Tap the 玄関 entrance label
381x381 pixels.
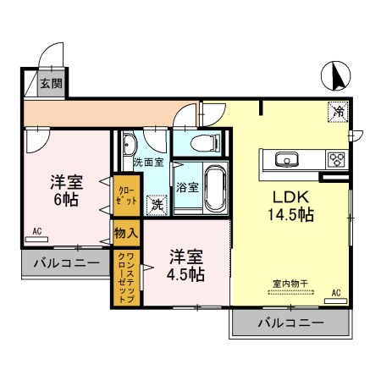pos(49,83)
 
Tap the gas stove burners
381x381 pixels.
pos(336,158)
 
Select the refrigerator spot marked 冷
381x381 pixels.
pos(337,111)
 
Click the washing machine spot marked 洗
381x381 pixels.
pos(157,204)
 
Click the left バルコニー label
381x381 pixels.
pos(66,263)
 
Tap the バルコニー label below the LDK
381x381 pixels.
pos(290,323)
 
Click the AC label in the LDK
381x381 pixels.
pos(335,291)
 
